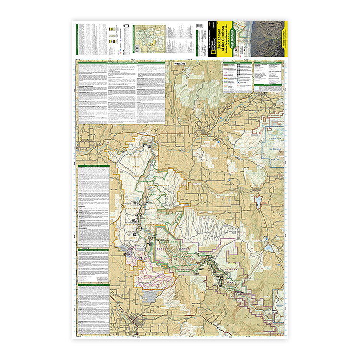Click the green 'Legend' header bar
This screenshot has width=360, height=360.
(237, 62)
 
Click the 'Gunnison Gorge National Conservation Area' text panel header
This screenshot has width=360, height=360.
(120, 62)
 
